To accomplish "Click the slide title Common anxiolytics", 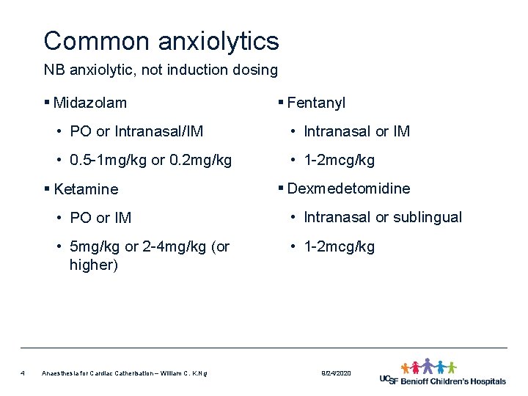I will pyautogui.click(x=161, y=40).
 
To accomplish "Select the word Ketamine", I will pyautogui.click(x=86, y=189).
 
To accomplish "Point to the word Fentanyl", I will pyautogui.click(x=316, y=103).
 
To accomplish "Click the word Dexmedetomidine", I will pyautogui.click(x=348, y=188).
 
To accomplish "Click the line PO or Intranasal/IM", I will pyautogui.click(x=136, y=132).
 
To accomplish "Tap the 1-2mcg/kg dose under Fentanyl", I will pyautogui.click(x=339, y=160).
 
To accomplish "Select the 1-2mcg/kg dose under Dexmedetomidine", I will pyautogui.click(x=339, y=246).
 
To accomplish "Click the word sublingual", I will pyautogui.click(x=428, y=217).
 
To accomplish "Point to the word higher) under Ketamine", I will pyautogui.click(x=94, y=265).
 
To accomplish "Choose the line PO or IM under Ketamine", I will pyautogui.click(x=100, y=218).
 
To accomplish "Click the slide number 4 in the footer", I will pyautogui.click(x=23, y=373).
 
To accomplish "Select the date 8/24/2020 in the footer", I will pyautogui.click(x=337, y=374).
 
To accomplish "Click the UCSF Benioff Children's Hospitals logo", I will pyautogui.click(x=442, y=373).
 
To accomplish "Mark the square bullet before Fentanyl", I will pyautogui.click(x=281, y=103).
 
